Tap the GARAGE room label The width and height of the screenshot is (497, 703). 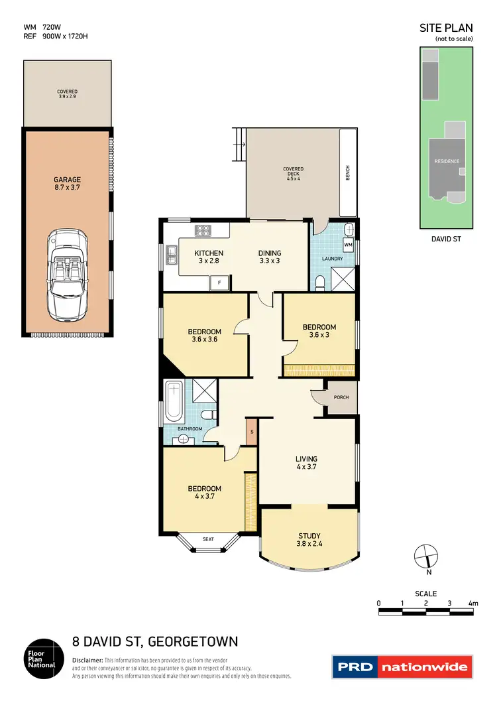click(67, 184)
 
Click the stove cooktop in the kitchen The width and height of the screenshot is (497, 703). click(202, 231)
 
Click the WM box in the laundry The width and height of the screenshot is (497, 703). click(348, 245)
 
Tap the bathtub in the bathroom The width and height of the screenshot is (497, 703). click(174, 401)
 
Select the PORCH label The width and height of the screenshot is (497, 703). click(341, 398)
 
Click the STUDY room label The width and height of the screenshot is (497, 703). click(309, 541)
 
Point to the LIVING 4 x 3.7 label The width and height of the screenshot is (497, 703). click(306, 463)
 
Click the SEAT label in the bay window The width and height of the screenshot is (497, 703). click(209, 539)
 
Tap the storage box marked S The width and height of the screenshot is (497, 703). click(251, 432)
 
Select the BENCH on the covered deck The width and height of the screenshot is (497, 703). click(348, 172)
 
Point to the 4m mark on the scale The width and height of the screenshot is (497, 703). click(472, 603)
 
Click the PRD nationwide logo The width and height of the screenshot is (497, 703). click(402, 667)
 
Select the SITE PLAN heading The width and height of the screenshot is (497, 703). click(447, 28)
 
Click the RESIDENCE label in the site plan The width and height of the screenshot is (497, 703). click(446, 161)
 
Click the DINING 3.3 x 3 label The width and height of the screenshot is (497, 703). click(270, 257)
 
